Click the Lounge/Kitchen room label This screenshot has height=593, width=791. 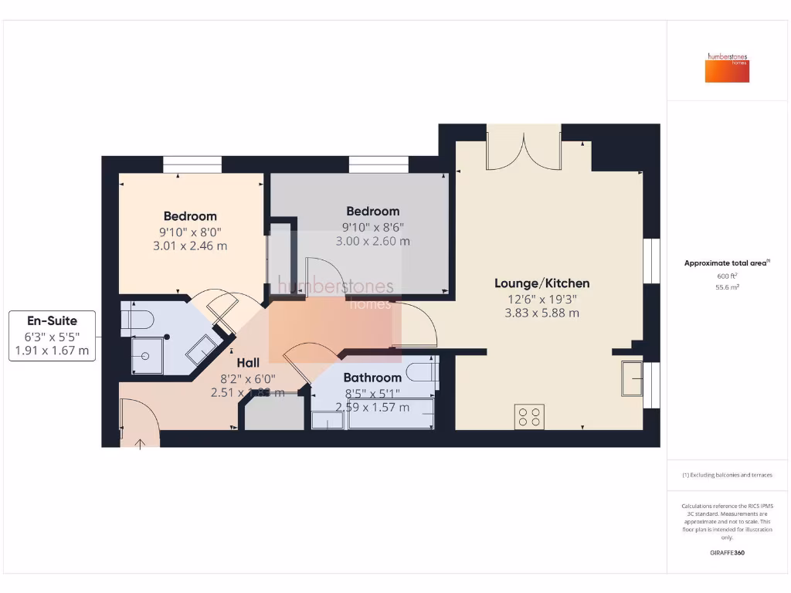coord(541,283)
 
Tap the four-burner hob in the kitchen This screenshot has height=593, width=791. coord(529,417)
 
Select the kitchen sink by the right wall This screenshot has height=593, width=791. coord(633,378)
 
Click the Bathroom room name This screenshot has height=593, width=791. coord(372,378)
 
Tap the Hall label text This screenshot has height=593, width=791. coord(248,362)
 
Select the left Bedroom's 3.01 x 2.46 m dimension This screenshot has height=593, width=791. coord(190,246)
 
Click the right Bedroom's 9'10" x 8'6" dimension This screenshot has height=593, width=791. coord(372,226)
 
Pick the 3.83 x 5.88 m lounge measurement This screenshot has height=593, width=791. coord(541,313)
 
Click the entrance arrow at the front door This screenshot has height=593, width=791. coord(140,443)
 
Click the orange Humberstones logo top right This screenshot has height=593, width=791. coord(727,67)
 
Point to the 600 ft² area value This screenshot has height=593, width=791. coord(727,276)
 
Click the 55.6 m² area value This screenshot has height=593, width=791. coord(727,286)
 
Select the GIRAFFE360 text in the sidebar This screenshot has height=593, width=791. coord(727,553)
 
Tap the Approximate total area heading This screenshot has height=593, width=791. coord(726,263)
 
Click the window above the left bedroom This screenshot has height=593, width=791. coord(192,164)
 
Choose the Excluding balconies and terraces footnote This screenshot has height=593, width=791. coord(727,475)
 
